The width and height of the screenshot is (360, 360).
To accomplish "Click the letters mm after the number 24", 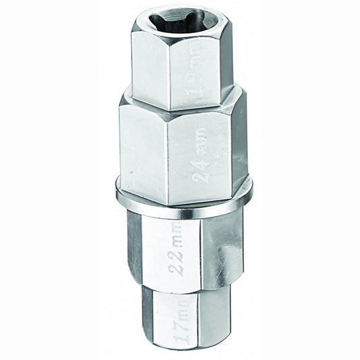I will pos(201,135).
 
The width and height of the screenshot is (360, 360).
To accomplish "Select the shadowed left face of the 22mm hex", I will pos(135,250).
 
